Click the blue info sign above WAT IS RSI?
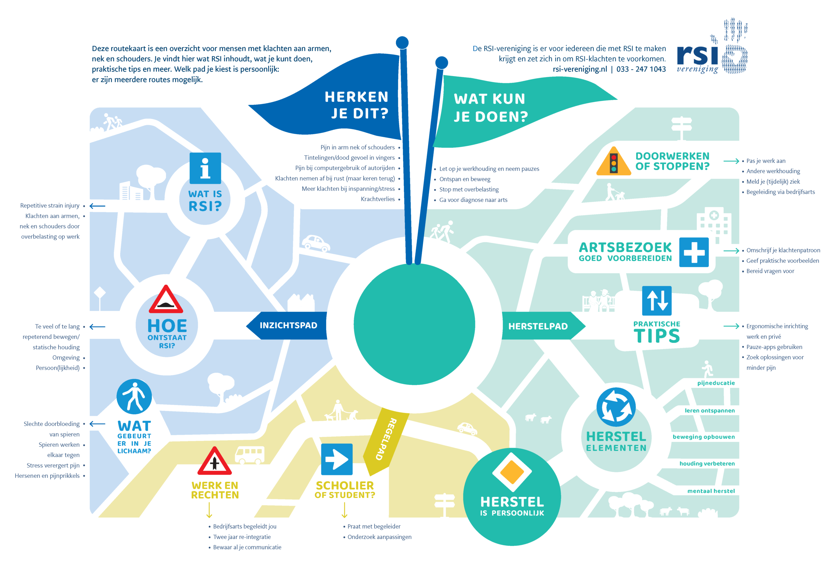(205, 168)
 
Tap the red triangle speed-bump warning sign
(166, 300)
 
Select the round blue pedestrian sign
(134, 396)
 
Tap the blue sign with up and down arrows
(657, 301)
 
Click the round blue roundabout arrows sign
(616, 407)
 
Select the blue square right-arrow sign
(337, 459)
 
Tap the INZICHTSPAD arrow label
(287, 325)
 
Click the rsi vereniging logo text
(697, 58)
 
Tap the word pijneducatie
(716, 383)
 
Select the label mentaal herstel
(710, 491)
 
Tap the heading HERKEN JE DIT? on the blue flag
(356, 105)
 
